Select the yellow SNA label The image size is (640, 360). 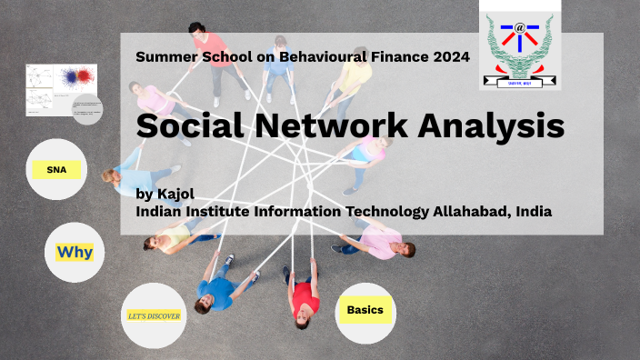coord(56,169)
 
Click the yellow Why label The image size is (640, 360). coord(75,251)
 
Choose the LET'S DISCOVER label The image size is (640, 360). coord(154,316)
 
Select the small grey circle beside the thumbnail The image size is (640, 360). coord(87,110)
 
